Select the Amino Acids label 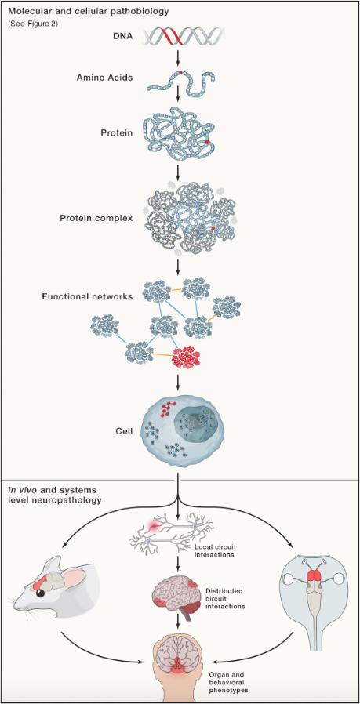click(104, 78)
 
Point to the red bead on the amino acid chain click(180, 72)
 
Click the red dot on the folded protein click(208, 142)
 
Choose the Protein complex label click(96, 218)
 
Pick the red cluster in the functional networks click(186, 357)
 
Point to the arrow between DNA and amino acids click(179, 55)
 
